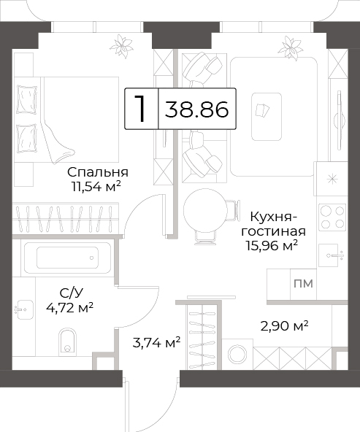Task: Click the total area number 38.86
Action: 197,109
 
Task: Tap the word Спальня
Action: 98,172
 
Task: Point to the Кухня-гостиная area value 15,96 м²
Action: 272,245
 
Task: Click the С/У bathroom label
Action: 72,293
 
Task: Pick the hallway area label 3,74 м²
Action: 156,342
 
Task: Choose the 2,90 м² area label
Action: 284,326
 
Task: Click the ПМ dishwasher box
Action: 303,284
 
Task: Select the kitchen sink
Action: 331,255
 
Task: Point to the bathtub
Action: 67,258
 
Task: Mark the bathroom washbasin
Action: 24,309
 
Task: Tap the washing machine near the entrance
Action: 237,354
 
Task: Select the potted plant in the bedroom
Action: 121,46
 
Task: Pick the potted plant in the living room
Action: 291,47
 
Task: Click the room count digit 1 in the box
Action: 141,109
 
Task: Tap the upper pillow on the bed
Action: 27,99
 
